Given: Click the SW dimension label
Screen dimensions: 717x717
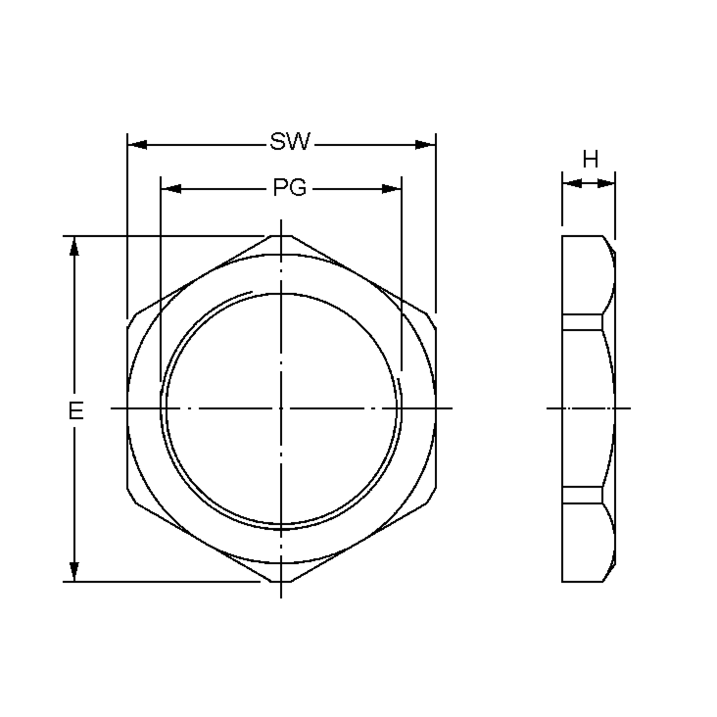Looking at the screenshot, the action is click(290, 141).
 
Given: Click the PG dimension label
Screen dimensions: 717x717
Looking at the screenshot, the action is click(290, 187).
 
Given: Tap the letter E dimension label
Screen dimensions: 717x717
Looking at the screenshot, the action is click(76, 411).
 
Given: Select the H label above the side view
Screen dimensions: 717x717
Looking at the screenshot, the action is click(590, 159).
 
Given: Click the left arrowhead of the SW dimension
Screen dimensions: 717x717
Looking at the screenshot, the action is click(137, 145).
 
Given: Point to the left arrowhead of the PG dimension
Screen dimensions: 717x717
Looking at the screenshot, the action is click(171, 189).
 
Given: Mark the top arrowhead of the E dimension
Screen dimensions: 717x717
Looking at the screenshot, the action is click(74, 246).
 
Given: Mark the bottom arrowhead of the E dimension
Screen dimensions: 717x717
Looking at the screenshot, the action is click(74, 572).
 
